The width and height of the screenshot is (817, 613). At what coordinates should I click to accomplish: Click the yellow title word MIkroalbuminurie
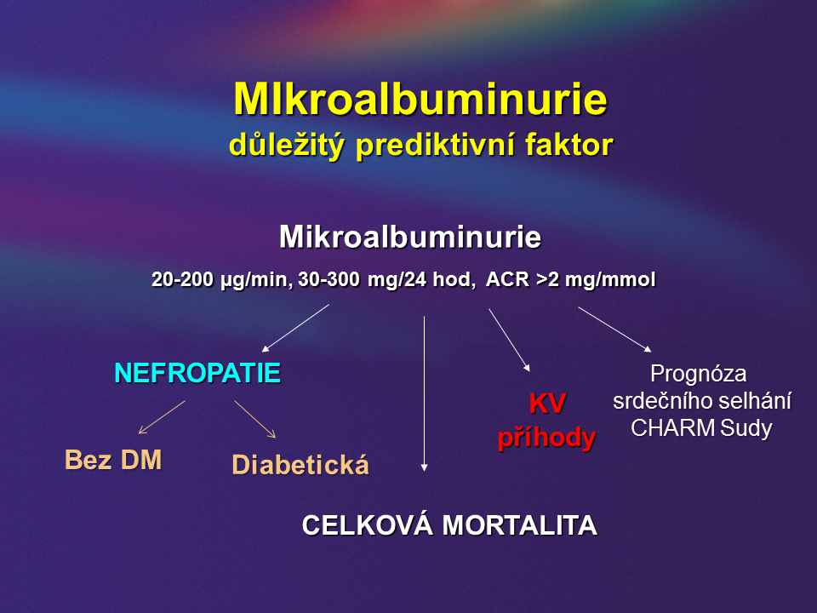coord(420,99)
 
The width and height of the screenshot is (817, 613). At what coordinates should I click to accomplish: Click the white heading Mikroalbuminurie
coord(410,237)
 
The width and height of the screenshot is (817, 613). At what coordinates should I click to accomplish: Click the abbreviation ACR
coord(507,279)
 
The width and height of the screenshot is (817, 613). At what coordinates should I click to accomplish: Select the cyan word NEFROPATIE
coord(197,373)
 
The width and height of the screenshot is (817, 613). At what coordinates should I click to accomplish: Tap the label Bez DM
coord(113,460)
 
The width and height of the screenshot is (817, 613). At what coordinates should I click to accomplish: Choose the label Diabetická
coord(300,465)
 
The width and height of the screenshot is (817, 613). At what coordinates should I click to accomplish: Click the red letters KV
coord(547,403)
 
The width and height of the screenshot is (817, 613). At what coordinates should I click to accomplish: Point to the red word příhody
coord(546,438)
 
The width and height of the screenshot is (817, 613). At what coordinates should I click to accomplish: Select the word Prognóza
coord(698,375)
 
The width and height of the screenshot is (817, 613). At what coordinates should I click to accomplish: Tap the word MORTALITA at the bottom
coord(519,525)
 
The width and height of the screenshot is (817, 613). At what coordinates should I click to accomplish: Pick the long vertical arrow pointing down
coord(424,393)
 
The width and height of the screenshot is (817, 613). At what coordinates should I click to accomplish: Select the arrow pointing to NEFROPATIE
coord(295,329)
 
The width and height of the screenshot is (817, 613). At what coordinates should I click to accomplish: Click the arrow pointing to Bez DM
coord(162,417)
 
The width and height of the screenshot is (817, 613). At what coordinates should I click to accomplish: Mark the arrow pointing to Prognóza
coord(614,329)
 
